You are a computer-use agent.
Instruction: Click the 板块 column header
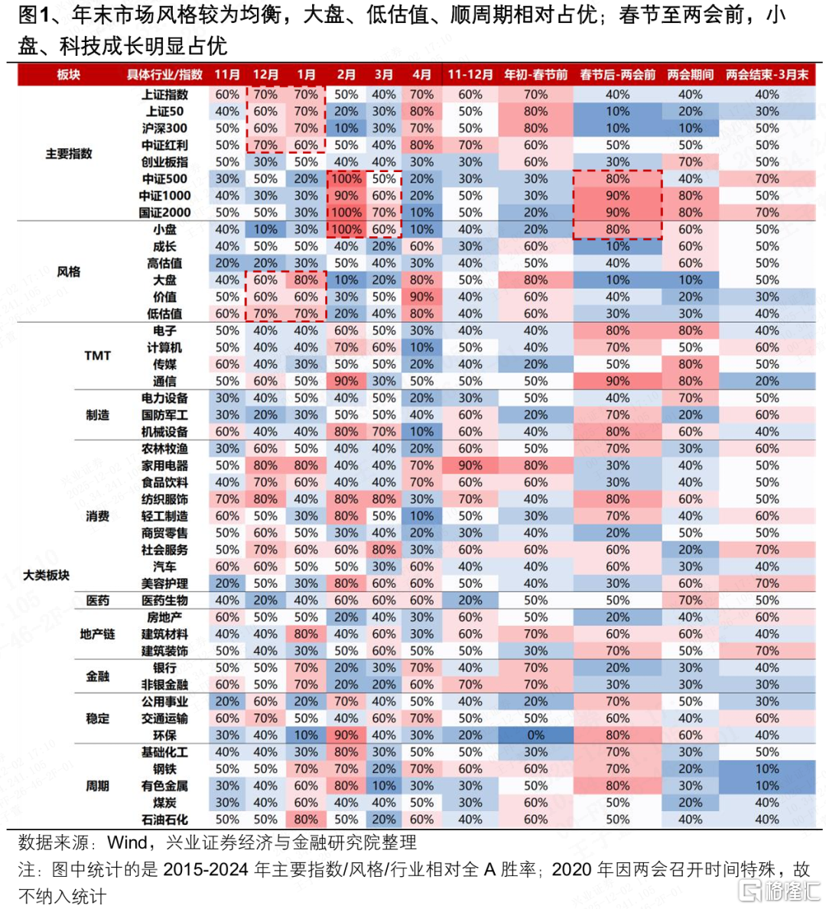point(69,75)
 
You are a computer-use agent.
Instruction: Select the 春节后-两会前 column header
point(617,75)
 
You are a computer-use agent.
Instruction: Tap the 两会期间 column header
point(690,75)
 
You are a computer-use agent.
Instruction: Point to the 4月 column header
point(421,75)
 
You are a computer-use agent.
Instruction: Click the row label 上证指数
point(164,95)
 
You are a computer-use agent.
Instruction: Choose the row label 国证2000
point(164,213)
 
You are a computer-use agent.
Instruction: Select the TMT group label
point(98,355)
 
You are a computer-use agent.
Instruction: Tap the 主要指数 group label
point(69,154)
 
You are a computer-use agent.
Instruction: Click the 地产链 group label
point(98,635)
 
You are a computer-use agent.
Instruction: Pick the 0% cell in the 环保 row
point(535,735)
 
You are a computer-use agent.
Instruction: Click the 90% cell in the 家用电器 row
point(470,466)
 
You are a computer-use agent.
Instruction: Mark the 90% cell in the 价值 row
point(421,297)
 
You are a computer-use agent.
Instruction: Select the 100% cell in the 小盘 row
point(346,229)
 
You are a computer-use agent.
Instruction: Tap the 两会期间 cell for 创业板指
point(690,162)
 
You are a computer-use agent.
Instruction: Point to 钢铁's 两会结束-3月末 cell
point(767,769)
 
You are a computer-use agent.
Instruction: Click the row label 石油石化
point(164,820)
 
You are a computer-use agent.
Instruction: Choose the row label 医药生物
point(164,601)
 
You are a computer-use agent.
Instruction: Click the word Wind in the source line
point(128,842)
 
